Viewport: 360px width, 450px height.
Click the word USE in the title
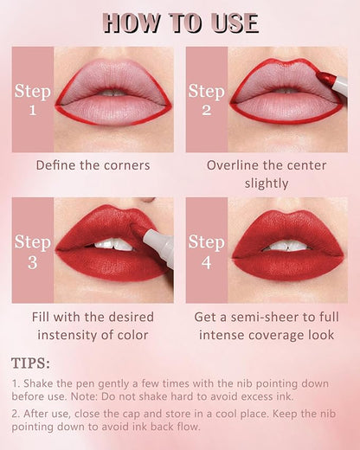[x=235, y=22]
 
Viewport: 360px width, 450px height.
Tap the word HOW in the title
[x=132, y=22]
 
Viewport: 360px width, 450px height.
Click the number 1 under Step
[x=33, y=110]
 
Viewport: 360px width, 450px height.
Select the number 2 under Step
[x=207, y=110]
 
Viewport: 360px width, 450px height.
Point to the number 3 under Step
[x=33, y=263]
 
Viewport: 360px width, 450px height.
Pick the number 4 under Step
[x=207, y=263]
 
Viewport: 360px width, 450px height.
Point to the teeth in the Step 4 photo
[x=286, y=246]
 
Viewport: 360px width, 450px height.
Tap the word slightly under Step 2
[x=267, y=183]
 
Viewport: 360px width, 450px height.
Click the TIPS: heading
[x=30, y=363]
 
